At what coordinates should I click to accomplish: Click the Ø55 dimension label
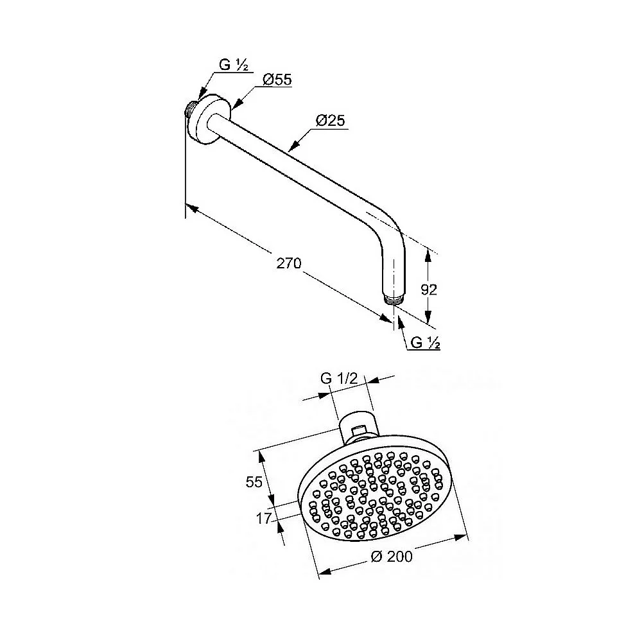pos(277,79)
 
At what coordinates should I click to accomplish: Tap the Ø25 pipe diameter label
pos(331,121)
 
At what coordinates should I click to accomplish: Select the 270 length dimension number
pos(289,263)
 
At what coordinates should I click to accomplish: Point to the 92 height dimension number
pos(429,290)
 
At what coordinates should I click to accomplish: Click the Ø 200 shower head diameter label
pos(392,557)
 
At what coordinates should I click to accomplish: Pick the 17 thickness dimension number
pos(264,518)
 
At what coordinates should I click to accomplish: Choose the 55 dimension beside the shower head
pos(254,482)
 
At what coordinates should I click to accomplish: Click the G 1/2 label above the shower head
pos(339,378)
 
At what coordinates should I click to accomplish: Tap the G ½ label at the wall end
pos(234,65)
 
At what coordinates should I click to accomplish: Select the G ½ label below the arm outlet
pos(425,342)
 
